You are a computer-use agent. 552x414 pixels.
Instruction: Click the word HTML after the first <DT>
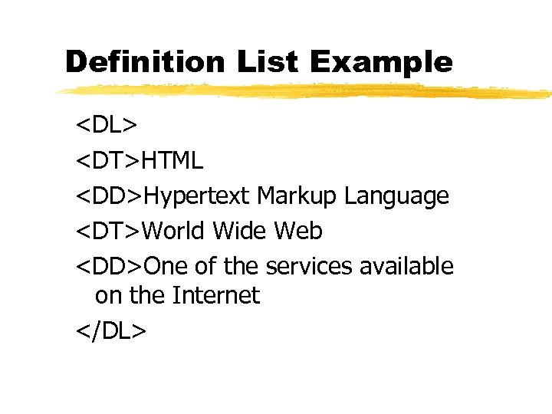tap(173, 161)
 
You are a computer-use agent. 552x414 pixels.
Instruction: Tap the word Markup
tap(297, 196)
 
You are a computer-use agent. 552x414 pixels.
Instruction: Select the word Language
tap(396, 196)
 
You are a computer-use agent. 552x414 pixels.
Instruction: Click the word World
tap(174, 230)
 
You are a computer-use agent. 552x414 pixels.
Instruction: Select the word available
tap(407, 265)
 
